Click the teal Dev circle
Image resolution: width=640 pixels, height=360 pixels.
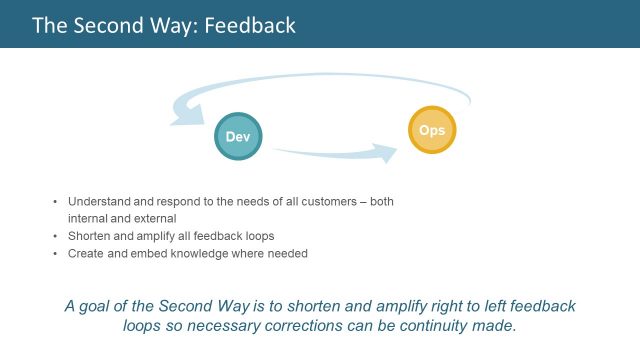click(238, 135)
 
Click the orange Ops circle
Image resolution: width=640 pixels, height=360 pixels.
click(432, 130)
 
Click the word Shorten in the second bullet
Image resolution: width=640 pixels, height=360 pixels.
click(89, 236)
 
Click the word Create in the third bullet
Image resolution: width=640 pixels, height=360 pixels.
click(86, 254)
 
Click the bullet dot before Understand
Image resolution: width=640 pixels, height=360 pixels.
click(55, 201)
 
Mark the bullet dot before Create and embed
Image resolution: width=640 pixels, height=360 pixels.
click(55, 254)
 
